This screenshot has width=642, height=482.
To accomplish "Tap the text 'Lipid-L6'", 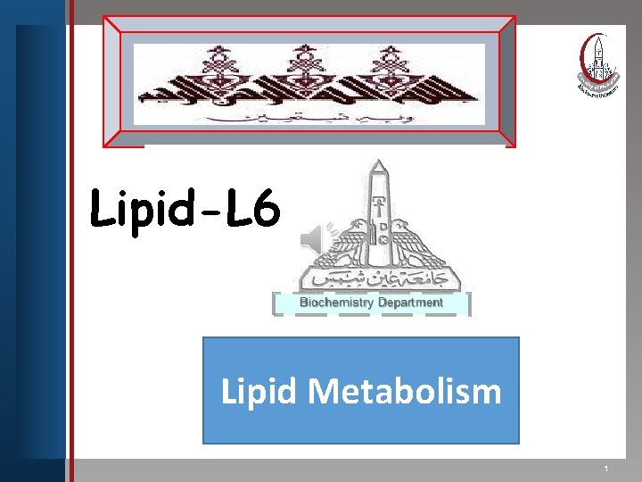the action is click(x=185, y=212).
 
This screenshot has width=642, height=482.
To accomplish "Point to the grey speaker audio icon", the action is click(x=314, y=237).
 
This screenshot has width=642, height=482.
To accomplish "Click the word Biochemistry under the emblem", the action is click(x=335, y=303).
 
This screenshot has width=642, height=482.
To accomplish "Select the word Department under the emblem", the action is click(x=410, y=303).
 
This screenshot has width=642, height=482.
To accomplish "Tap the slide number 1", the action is click(x=605, y=469).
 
